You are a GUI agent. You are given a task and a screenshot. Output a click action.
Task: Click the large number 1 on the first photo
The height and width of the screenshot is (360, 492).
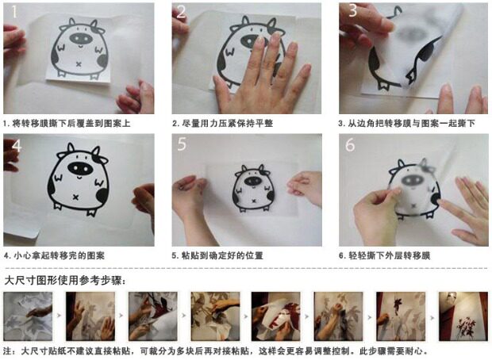coord(14,12)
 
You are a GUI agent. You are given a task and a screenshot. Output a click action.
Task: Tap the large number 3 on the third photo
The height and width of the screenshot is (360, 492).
coord(352,10)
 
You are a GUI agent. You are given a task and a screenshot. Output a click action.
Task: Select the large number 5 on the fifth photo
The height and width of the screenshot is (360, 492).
coord(182,144)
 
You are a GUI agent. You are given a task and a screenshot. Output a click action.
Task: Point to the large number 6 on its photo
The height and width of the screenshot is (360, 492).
coord(350,144)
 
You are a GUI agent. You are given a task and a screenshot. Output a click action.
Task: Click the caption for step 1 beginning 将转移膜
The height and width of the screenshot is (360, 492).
coord(67,123)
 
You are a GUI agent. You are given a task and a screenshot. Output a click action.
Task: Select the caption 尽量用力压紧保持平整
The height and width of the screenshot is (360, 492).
coord(222,123)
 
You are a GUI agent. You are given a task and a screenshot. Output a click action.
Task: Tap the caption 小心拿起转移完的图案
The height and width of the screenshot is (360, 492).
coord(54,255)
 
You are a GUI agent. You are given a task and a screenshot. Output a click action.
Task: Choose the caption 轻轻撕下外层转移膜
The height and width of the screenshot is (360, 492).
coord(384,255)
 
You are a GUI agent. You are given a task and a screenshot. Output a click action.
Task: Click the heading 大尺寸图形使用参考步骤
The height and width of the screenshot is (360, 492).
coord(65,280)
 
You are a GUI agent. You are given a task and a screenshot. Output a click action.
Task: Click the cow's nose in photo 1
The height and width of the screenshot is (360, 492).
coord(81,38)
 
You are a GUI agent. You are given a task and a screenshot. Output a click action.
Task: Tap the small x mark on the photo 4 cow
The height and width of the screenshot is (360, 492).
coord(75,197)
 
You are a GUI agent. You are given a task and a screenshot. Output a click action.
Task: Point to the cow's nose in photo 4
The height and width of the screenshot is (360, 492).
coord(80,169)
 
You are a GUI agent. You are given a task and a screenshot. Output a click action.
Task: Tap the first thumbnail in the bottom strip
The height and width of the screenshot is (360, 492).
coord(28,316)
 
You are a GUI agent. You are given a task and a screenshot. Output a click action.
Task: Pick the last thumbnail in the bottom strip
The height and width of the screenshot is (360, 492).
coord(463,316)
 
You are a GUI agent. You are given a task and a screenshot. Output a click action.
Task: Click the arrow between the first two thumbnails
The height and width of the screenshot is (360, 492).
coord(59,316)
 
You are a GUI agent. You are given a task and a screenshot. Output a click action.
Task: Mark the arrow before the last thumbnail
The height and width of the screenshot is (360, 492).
coord(432,318)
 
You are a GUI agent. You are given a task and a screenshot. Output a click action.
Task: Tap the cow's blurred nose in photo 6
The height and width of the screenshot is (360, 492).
coord(413,180)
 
